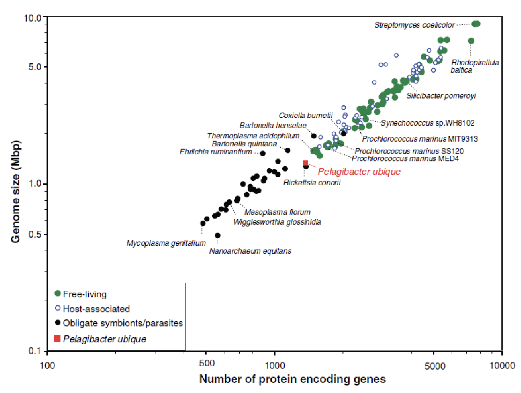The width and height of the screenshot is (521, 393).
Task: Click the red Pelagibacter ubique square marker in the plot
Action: tap(305, 163)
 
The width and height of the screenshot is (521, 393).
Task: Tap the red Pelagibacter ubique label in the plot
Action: tap(359, 172)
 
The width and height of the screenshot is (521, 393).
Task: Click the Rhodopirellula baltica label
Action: tap(469, 66)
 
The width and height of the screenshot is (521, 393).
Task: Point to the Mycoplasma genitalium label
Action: tap(166, 243)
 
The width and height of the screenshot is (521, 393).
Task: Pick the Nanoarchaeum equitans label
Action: tap(250, 251)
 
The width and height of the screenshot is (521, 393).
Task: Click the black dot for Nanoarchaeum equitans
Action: tap(217, 235)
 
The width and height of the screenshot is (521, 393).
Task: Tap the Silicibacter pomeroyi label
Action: tap(441, 96)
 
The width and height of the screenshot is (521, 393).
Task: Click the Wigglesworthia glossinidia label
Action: tap(277, 222)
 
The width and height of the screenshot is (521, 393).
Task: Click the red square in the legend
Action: tap(58, 338)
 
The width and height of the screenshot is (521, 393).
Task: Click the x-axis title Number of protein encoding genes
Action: tap(292, 379)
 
